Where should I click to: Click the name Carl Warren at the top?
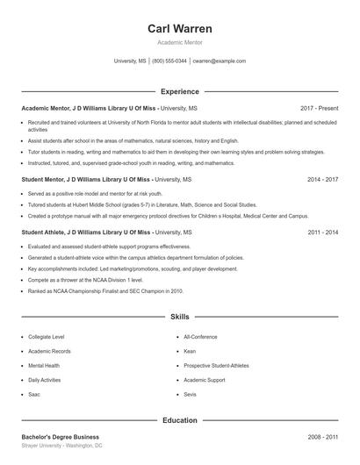(x=179, y=28)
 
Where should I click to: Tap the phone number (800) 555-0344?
(x=169, y=61)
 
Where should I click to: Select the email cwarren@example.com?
(x=219, y=61)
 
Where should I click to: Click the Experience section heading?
(x=179, y=91)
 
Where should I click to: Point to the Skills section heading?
(x=179, y=316)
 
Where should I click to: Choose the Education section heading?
(x=179, y=420)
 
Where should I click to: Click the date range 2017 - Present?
(x=319, y=107)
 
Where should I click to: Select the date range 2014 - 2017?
(x=322, y=179)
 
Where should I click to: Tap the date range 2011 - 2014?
(x=322, y=232)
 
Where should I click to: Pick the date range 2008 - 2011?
(x=322, y=436)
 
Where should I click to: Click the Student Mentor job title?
(x=48, y=179)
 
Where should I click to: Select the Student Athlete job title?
(x=49, y=232)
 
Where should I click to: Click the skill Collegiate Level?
(x=46, y=336)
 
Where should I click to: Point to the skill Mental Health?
(x=44, y=365)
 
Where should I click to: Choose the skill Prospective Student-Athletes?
(x=216, y=365)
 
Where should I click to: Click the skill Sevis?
(x=190, y=395)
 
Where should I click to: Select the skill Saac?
(x=34, y=395)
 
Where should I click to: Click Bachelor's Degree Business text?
(x=60, y=436)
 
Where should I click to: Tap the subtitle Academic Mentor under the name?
(x=179, y=42)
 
